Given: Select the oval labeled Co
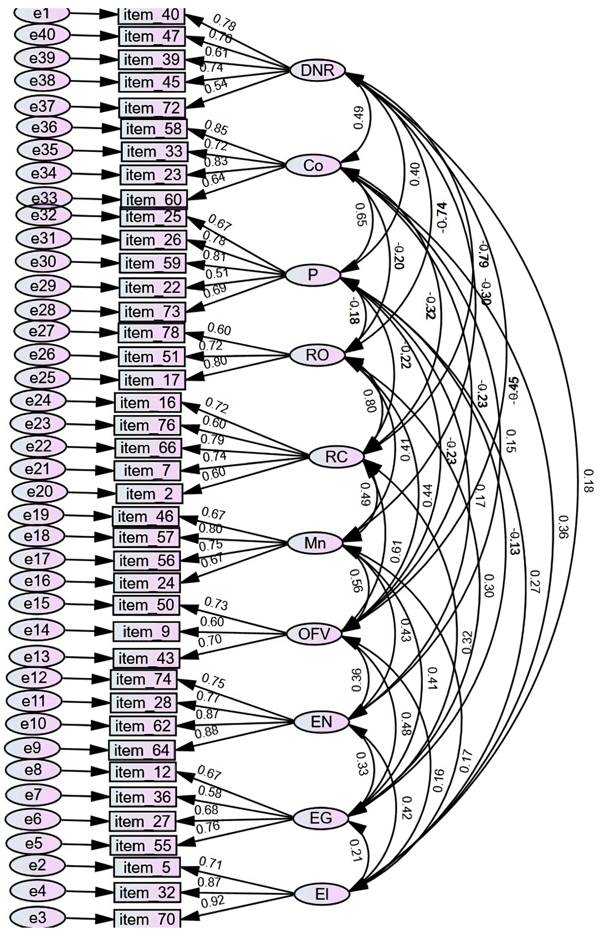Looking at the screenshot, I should tap(313, 166).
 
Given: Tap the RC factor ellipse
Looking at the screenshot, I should tap(336, 456).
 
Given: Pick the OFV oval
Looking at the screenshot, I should tap(314, 634).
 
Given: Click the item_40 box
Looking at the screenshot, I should tap(151, 15).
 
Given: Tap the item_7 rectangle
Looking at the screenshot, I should tap(147, 471).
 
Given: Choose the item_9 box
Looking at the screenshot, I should tap(146, 631).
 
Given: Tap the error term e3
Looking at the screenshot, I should tap(37, 918).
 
